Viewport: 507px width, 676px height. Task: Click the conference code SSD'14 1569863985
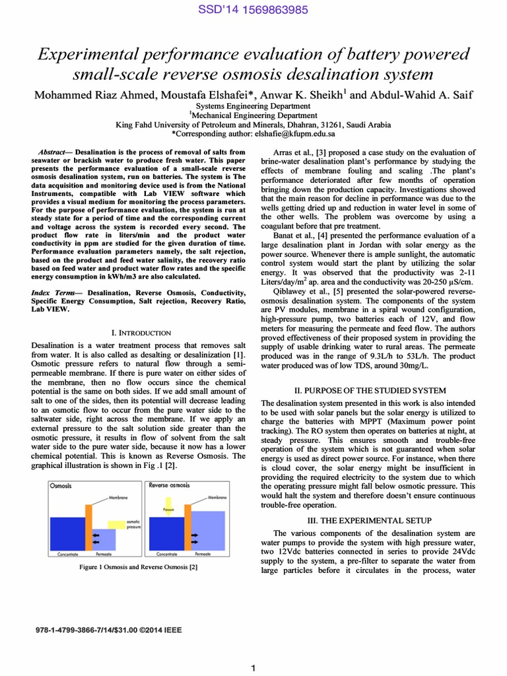pos(253,9)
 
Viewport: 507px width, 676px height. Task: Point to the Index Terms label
pos(55,291)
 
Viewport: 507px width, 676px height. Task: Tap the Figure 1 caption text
pos(138,566)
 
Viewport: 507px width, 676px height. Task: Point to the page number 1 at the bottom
pos(253,669)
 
